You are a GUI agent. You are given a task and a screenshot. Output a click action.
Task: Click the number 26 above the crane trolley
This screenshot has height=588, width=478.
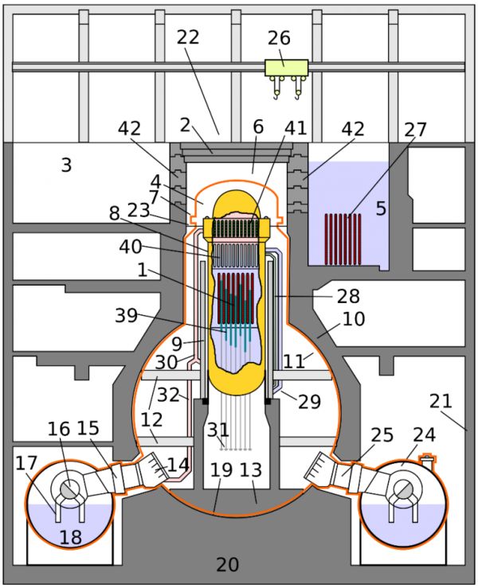279,37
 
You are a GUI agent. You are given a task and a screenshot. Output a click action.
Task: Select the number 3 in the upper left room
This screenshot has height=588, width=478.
66,165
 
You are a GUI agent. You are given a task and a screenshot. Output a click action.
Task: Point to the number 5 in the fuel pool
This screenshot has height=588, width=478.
381,208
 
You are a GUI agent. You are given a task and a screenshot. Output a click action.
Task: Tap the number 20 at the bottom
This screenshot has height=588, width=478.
227,565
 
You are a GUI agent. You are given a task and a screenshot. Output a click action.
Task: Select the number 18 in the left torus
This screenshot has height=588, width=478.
71,537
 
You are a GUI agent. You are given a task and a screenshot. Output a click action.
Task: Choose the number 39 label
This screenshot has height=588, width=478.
126,316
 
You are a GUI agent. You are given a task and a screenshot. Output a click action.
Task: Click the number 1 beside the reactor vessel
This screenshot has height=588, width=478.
142,270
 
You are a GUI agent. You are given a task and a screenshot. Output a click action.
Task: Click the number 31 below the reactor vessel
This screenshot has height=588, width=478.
218,430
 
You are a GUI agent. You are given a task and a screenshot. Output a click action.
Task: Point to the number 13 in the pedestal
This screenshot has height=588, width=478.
250,469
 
